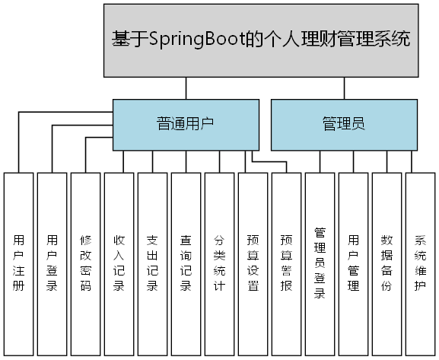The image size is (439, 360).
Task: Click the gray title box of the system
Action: click(x=261, y=39)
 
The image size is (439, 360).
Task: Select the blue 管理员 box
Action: click(x=344, y=124)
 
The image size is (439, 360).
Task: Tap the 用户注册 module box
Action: click(x=19, y=263)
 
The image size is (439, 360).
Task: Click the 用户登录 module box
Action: click(x=52, y=263)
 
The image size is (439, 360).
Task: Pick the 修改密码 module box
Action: click(x=86, y=263)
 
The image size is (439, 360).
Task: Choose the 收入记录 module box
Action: click(x=119, y=263)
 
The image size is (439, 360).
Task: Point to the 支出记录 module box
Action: click(x=153, y=263)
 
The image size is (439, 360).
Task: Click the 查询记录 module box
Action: click(x=186, y=263)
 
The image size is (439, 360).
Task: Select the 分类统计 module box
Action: click(x=220, y=263)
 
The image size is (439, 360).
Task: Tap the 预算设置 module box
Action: click(x=253, y=263)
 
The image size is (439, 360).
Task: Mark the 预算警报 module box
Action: click(x=287, y=263)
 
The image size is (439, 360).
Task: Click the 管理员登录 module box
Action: click(x=320, y=263)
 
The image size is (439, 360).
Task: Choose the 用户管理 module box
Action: click(x=354, y=263)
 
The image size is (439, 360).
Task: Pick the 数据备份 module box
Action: click(x=387, y=263)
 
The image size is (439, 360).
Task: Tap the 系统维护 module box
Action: click(x=421, y=263)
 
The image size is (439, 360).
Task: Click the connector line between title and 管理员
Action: click(x=345, y=88)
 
